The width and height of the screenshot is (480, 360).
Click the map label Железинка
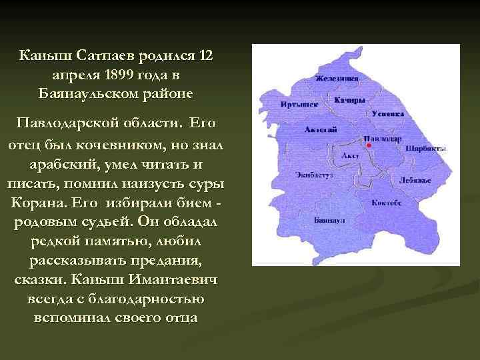[337, 79]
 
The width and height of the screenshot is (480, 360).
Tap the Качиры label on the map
[350, 101]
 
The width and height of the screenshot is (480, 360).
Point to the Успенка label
[388, 114]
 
